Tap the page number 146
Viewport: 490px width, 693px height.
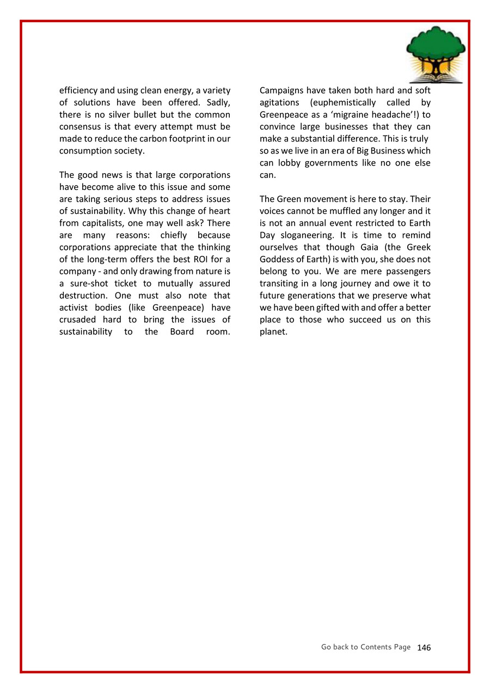[x=424, y=647]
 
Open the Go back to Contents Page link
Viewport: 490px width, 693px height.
[x=365, y=647]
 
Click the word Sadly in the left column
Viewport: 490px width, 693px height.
[x=218, y=102]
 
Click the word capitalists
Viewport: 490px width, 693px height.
[x=100, y=223]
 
